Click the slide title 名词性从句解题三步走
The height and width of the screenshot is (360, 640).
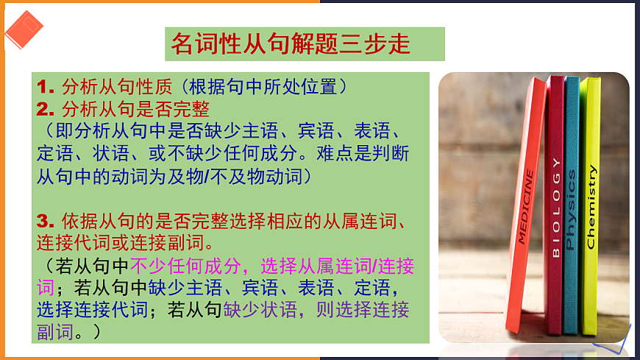tap(291, 44)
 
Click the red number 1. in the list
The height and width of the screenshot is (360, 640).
tap(47, 87)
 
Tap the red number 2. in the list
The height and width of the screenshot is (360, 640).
tap(47, 110)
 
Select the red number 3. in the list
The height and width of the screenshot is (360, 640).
tap(47, 220)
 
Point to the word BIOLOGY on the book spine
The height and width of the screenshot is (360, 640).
tap(555, 207)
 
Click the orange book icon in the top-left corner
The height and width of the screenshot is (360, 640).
tap(24, 29)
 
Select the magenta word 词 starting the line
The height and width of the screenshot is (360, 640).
tap(45, 287)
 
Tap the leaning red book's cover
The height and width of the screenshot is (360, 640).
tap(527, 221)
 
